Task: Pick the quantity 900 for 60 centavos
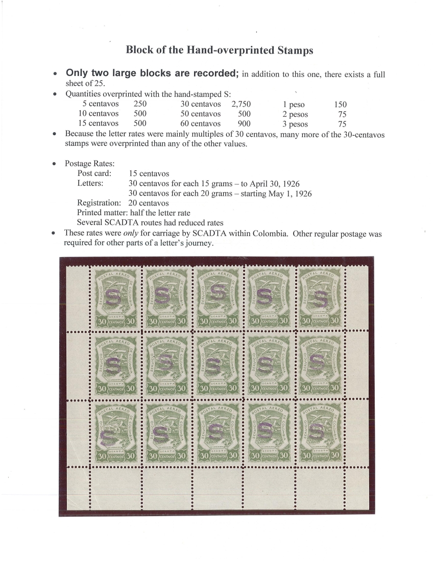tap(245, 123)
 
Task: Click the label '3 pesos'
tap(295, 123)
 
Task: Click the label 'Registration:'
tap(99, 203)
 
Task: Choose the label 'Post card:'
tap(94, 174)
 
